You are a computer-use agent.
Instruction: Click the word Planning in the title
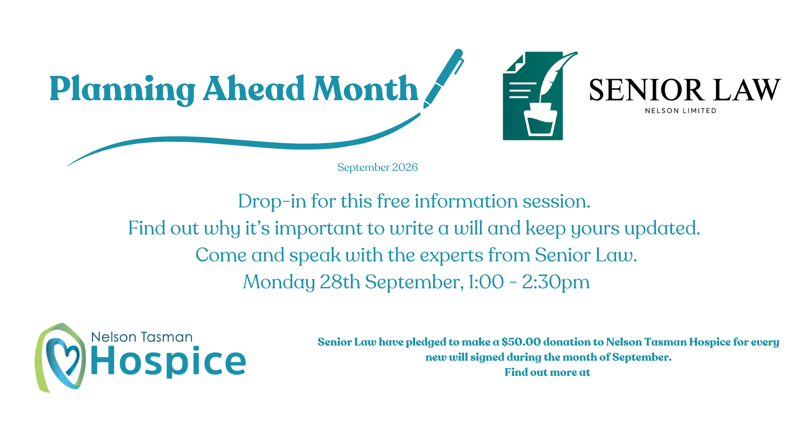[x=122, y=90]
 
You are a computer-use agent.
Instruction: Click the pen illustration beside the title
[x=443, y=79]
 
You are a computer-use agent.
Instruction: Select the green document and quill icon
[x=539, y=96]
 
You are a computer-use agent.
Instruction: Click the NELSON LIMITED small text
[x=680, y=111]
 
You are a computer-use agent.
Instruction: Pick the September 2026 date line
[x=378, y=168]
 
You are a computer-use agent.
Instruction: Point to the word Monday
[x=279, y=282]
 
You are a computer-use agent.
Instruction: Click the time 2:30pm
[x=556, y=282]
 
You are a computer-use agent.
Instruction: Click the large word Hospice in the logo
[x=168, y=361]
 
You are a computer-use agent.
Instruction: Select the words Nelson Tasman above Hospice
[x=142, y=337]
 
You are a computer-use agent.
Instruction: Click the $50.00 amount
[x=521, y=342]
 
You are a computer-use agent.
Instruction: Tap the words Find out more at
[x=547, y=372]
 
